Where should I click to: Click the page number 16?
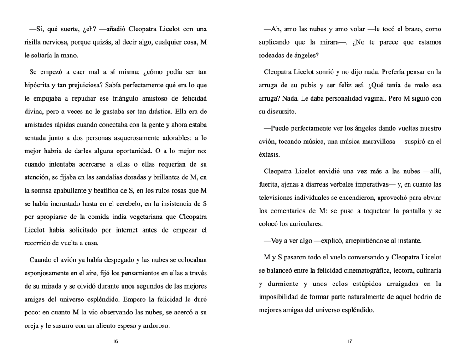[115, 341]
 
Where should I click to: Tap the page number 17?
[350, 341]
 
